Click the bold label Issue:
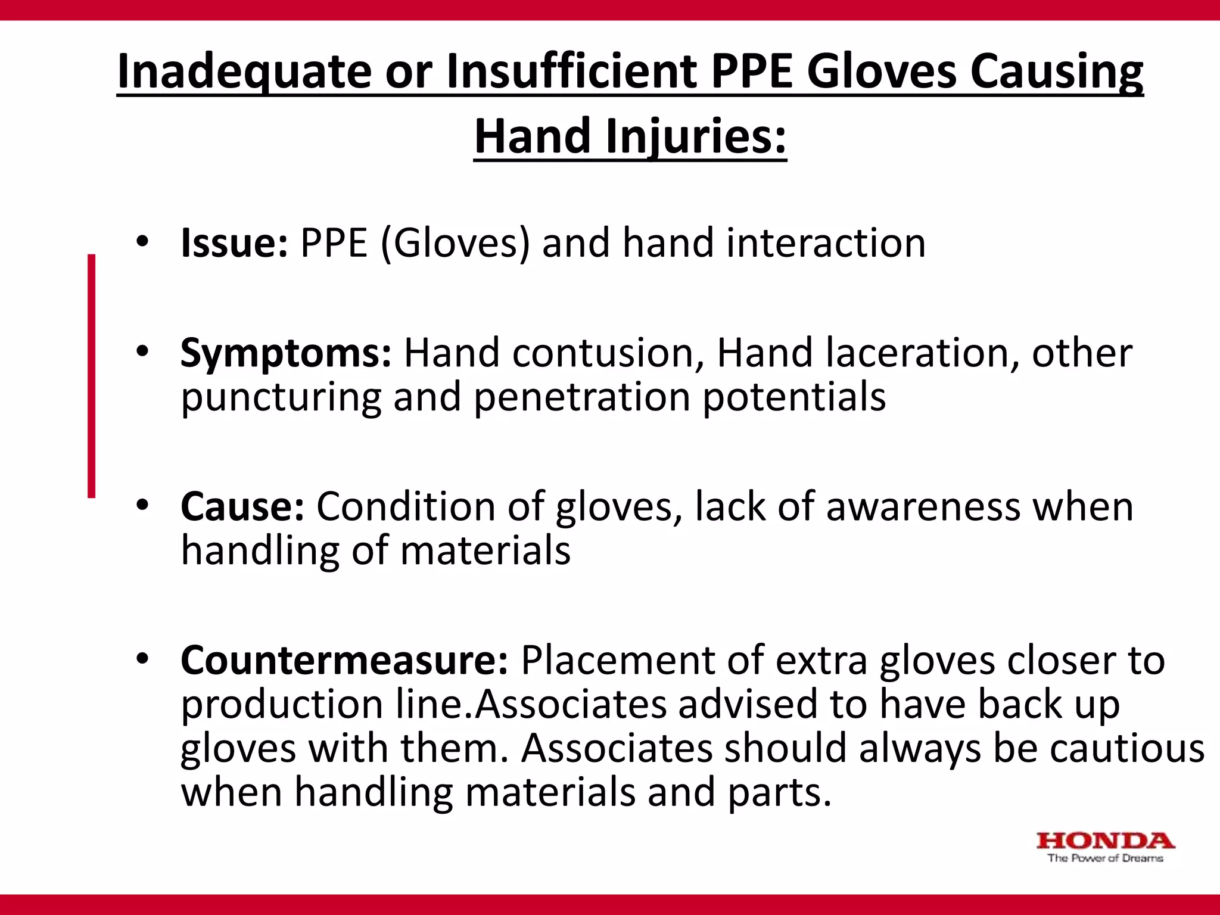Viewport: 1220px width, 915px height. [x=234, y=243]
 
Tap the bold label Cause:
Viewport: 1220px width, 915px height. [x=242, y=507]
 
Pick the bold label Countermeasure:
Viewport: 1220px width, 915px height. [x=344, y=660]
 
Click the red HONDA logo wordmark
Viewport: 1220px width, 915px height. [x=1105, y=841]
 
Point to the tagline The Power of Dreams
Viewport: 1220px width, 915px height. [x=1105, y=858]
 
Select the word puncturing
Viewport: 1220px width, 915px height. [x=281, y=398]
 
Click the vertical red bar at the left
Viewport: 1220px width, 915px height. [x=91, y=375]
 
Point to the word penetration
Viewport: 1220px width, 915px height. [x=582, y=397]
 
